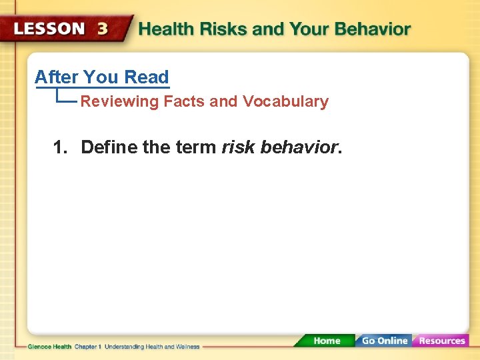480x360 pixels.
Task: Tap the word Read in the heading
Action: [x=146, y=77]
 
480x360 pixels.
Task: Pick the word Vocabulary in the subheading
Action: [x=285, y=102]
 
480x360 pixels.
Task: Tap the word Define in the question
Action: [x=109, y=147]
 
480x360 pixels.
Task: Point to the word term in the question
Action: [x=197, y=147]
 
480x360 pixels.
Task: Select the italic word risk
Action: [x=239, y=147]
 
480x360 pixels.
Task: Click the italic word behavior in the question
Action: [x=299, y=147]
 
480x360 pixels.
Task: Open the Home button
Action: [x=327, y=341]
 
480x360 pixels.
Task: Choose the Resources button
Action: [x=441, y=341]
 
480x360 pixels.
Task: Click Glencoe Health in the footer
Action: [x=49, y=347]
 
